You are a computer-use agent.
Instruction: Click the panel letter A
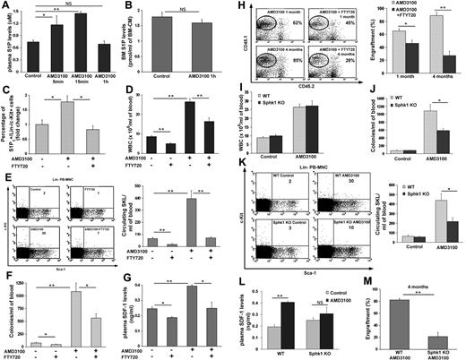[x=7, y=7]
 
